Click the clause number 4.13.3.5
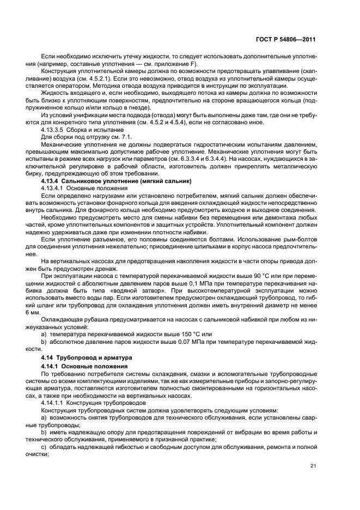(54, 131)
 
